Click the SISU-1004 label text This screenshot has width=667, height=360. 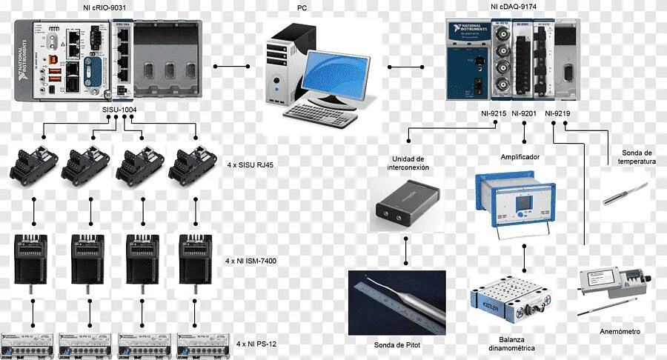[x=119, y=109]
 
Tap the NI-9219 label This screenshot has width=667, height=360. [x=557, y=113]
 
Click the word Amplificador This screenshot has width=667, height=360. [x=520, y=157]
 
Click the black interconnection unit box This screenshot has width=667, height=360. [x=406, y=204]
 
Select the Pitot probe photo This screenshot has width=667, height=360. [x=396, y=303]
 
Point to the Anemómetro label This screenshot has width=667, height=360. [x=620, y=331]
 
